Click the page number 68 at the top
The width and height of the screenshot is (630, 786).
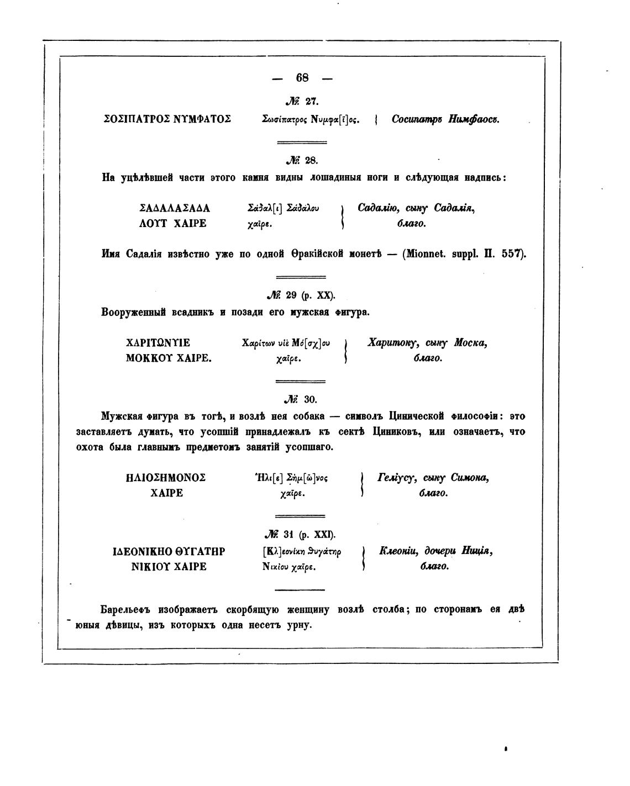pos(302,78)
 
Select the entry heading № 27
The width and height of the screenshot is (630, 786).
pos(302,101)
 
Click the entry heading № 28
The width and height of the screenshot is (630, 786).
pos(302,161)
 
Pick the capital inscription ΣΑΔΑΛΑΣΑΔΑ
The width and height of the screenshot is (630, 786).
pos(175,209)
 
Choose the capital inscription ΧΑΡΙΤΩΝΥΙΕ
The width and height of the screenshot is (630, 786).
pos(158,343)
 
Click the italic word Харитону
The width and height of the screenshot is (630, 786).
pos(391,343)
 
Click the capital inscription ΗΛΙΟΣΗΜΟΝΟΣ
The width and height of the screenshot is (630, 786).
pos(166,478)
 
